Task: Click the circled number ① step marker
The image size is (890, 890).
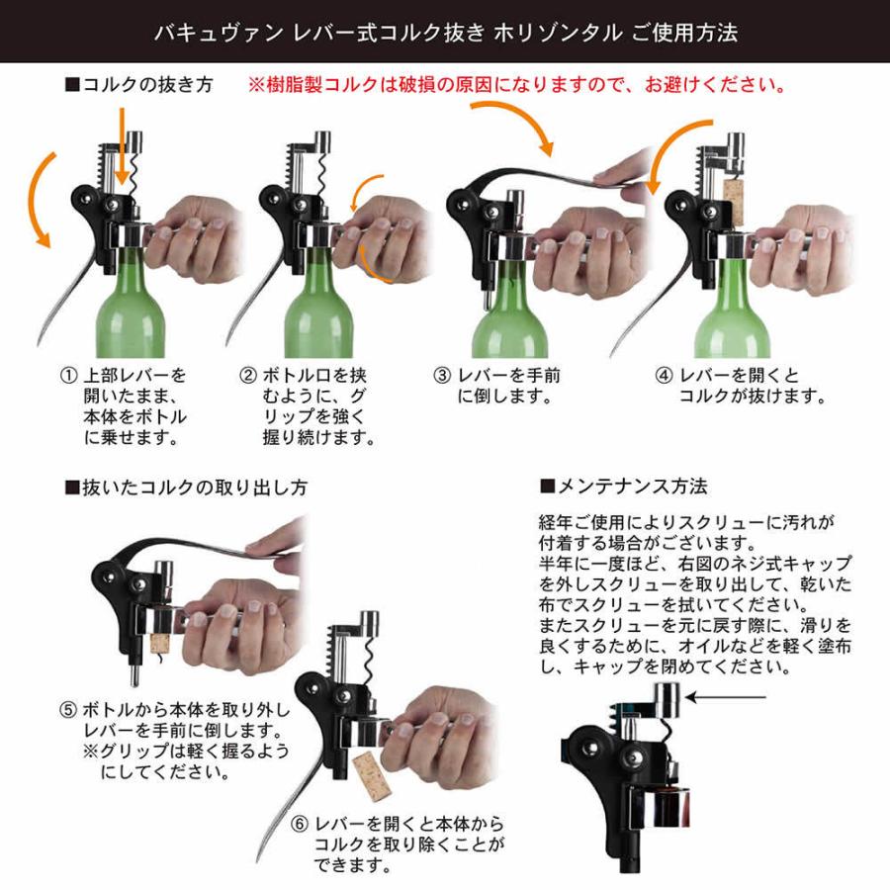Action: click(68, 377)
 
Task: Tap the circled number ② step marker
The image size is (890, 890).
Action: click(248, 377)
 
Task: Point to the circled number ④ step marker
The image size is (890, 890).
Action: click(665, 377)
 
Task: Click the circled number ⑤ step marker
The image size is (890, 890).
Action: click(67, 711)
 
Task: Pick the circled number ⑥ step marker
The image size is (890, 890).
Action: click(298, 824)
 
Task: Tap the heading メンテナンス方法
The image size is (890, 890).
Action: click(623, 487)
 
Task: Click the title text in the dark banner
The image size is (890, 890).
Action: click(445, 32)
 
